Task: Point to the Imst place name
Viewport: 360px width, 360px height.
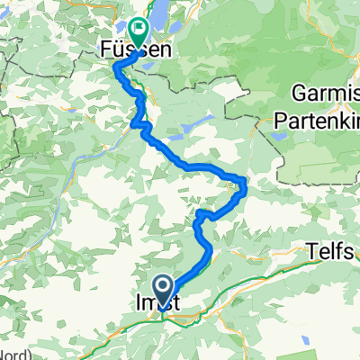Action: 164,305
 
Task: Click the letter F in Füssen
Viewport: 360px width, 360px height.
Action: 99,52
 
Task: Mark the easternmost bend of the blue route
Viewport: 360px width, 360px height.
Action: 244,185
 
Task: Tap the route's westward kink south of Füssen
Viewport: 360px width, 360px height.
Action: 135,124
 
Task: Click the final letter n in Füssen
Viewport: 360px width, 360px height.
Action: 166,52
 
